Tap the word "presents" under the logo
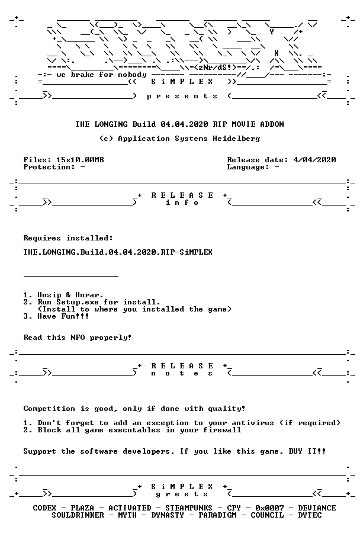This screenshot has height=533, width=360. [x=182, y=96]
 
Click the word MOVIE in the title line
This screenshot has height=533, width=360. [x=243, y=124]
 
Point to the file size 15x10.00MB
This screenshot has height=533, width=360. [x=80, y=160]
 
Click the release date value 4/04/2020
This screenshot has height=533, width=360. [x=314, y=160]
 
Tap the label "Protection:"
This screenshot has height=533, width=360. [x=49, y=167]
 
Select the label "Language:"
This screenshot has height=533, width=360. [x=249, y=167]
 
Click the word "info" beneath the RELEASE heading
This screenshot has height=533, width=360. [x=182, y=203]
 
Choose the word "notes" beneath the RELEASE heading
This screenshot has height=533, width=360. [x=182, y=373]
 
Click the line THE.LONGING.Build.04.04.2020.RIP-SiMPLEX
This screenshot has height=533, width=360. [x=118, y=252]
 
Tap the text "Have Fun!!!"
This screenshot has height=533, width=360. [x=63, y=316]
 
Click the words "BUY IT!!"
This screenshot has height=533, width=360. [x=307, y=451]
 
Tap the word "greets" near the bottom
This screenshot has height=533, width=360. [x=182, y=495]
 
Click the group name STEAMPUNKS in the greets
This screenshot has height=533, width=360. [x=189, y=508]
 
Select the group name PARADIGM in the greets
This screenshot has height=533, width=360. [x=217, y=515]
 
